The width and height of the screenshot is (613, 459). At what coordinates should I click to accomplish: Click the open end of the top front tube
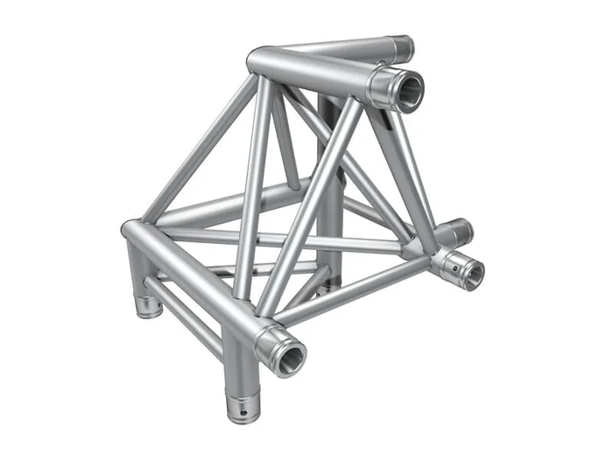click(407, 89)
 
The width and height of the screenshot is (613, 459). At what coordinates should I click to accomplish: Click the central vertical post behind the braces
click(330, 210)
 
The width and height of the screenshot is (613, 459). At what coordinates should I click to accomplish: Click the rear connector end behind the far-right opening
click(460, 231)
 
